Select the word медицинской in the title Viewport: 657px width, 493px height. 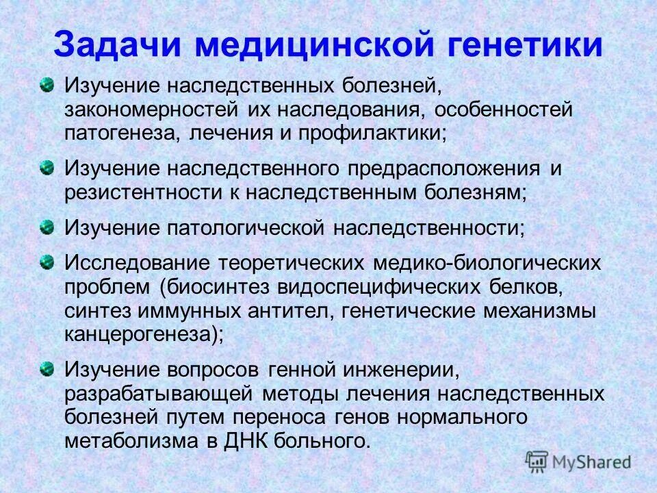[314, 44]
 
